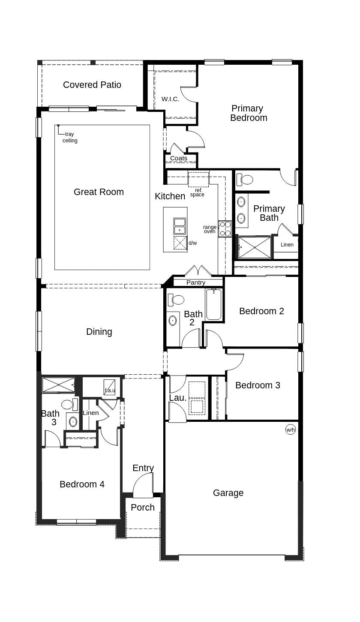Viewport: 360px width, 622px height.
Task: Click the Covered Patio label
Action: (92, 85)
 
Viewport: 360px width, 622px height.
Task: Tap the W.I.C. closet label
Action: (170, 99)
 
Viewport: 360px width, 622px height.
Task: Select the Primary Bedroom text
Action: (248, 113)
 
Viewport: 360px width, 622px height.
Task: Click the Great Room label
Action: (99, 192)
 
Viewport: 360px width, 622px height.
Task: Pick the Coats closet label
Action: (179, 158)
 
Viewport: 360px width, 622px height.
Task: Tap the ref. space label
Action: (198, 192)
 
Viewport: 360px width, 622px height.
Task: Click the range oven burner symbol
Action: (225, 229)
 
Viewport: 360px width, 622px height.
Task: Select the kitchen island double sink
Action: (180, 226)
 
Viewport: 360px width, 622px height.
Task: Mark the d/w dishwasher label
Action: (193, 243)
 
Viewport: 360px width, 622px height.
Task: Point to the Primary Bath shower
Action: (255, 247)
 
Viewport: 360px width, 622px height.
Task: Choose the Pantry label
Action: (196, 282)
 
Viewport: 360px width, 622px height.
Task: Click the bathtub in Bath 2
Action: (213, 304)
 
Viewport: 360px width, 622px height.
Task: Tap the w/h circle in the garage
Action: (291, 430)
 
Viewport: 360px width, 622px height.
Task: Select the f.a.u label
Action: (110, 390)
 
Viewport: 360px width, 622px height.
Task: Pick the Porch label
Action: (143, 508)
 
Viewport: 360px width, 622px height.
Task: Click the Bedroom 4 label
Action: (82, 484)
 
